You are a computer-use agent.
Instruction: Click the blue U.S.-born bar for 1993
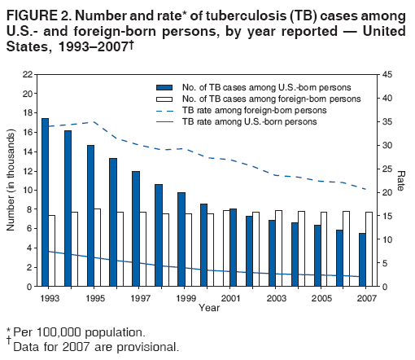pyautogui.click(x=45, y=202)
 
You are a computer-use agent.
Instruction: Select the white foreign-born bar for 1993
pyautogui.click(x=52, y=251)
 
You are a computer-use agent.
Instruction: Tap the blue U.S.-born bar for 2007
pyautogui.click(x=363, y=260)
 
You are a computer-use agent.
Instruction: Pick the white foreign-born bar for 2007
pyautogui.click(x=370, y=249)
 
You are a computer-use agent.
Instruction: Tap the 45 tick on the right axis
pyautogui.click(x=387, y=74)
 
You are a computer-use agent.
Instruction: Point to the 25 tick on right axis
pyautogui.click(x=387, y=169)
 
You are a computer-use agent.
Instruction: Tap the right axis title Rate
pyautogui.click(x=401, y=180)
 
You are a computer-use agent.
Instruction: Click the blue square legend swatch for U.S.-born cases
pyautogui.click(x=165, y=86)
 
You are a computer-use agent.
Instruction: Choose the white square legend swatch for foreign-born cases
pyautogui.click(x=165, y=98)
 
